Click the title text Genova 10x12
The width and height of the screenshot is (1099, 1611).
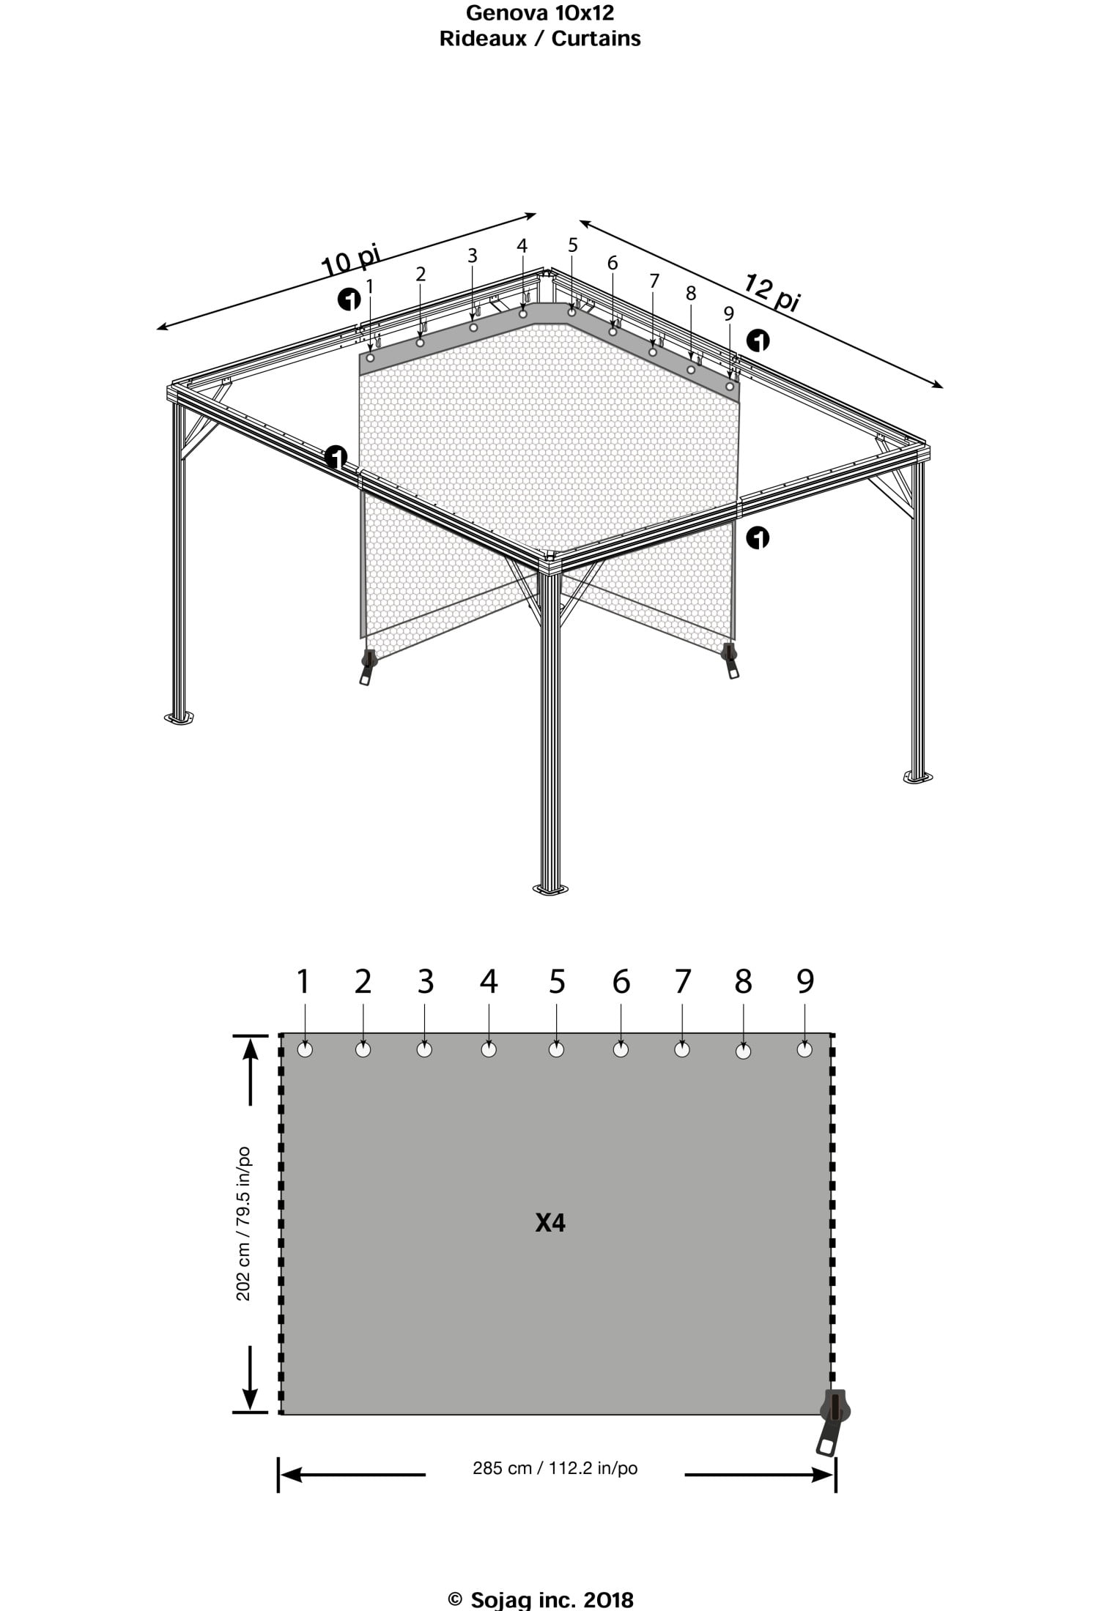(x=540, y=12)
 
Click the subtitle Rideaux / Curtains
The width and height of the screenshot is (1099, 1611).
(x=540, y=39)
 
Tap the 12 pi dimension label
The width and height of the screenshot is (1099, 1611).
(x=772, y=291)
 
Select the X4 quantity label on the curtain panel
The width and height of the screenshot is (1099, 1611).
(x=550, y=1223)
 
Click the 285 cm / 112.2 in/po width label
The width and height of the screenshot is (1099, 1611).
(x=555, y=1468)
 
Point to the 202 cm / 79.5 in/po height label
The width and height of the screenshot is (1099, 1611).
(x=243, y=1224)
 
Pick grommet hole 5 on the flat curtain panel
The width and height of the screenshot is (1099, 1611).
(x=556, y=1050)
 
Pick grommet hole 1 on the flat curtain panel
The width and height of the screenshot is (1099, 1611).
(x=305, y=1050)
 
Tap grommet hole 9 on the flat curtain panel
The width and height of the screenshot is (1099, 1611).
(x=804, y=1050)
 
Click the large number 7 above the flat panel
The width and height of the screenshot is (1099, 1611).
(x=682, y=981)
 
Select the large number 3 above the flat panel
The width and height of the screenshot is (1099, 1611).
(x=425, y=981)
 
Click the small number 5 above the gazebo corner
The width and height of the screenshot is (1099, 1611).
(x=573, y=245)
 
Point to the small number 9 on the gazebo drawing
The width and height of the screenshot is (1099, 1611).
(x=728, y=313)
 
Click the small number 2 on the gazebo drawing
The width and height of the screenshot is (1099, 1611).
(x=421, y=274)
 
